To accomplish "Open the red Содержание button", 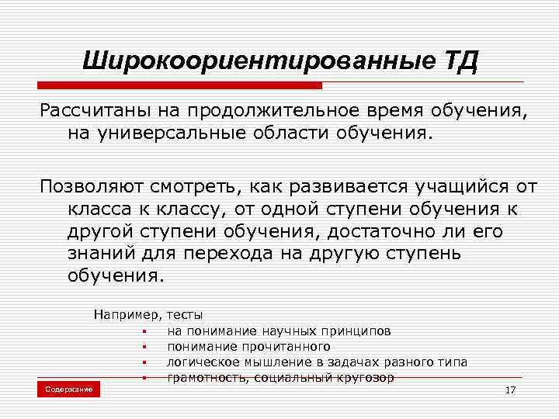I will point(68,389).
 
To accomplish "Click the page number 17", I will point(510,389).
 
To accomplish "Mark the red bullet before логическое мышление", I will point(145,362).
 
